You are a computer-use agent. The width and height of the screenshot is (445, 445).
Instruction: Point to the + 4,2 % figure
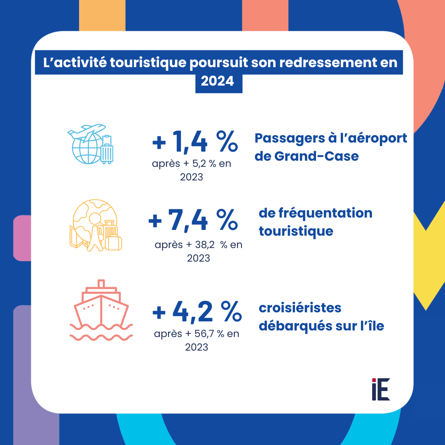click(197, 311)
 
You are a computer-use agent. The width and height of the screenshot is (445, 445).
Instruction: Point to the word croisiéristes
click(300, 308)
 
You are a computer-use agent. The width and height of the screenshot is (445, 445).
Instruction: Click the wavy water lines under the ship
click(101, 331)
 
